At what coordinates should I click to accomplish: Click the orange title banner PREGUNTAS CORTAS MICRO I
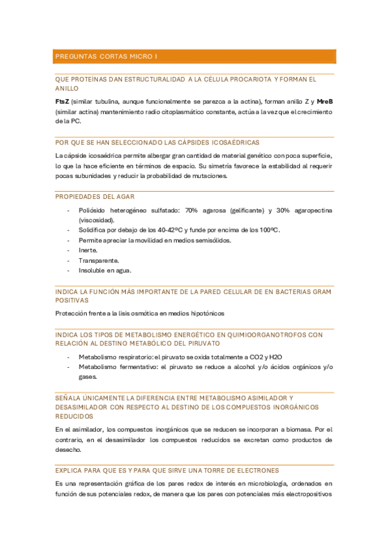(x=194, y=57)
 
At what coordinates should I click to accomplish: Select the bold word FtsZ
(x=62, y=102)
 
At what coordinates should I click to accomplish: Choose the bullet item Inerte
(x=88, y=250)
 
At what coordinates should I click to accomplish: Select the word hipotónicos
(x=203, y=313)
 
